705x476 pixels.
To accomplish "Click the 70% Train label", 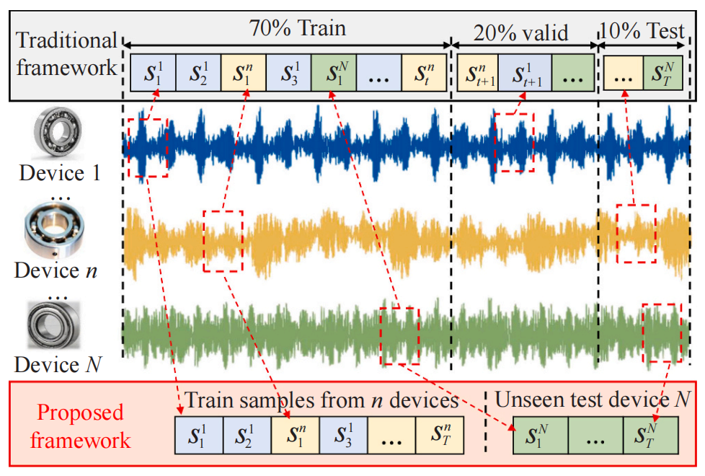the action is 298,28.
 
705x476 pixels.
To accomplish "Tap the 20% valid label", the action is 520,33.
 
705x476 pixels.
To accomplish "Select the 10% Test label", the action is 642,31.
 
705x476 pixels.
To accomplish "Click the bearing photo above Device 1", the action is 58,133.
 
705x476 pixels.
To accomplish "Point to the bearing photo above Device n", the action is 54,230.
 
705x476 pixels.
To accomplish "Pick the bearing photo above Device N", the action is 54,325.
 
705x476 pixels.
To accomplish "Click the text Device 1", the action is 59,173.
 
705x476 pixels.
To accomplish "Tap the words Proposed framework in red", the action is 80,426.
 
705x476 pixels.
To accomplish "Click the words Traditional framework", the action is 66,54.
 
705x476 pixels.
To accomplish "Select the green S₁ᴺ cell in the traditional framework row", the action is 334,73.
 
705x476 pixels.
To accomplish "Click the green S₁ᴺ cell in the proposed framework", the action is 541,435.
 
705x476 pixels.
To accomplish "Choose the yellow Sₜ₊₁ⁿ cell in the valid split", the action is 478,73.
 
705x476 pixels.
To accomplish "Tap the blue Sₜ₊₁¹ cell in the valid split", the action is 526,73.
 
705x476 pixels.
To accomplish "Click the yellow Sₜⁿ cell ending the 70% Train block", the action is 424,73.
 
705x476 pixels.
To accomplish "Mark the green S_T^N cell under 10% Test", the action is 663,73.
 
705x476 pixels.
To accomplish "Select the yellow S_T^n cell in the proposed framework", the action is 440,435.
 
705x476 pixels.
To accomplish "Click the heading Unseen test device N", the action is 593,400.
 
